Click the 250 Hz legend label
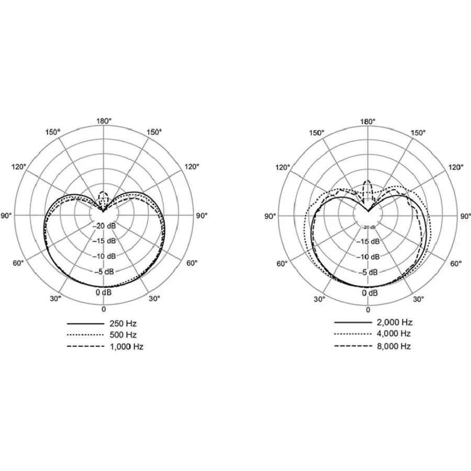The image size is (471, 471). point(123,323)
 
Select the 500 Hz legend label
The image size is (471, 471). point(123,334)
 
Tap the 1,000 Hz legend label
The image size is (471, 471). point(127,346)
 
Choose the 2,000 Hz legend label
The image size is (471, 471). point(395,322)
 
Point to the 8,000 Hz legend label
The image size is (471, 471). point(394,346)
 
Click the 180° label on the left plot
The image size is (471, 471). point(104,121)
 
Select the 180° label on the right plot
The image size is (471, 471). point(368,121)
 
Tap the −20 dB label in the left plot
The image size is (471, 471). point(104,226)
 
